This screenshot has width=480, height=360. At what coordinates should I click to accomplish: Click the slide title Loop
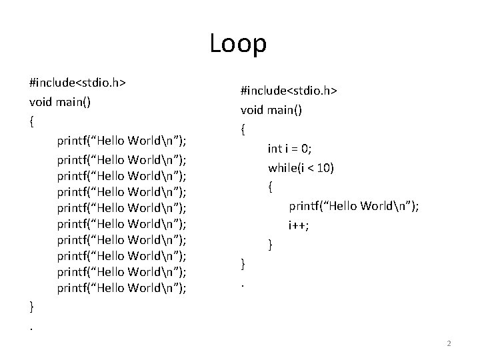238,44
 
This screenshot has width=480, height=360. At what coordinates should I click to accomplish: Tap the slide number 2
449,343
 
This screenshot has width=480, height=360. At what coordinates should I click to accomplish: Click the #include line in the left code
79,84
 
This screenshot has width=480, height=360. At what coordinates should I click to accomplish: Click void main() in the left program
60,103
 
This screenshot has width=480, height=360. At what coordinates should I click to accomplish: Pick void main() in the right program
271,111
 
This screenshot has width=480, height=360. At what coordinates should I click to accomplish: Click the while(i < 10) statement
301,167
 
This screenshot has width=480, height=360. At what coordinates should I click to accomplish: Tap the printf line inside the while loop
353,206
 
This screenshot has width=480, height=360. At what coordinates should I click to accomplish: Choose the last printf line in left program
121,288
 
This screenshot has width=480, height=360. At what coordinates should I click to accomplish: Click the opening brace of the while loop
270,187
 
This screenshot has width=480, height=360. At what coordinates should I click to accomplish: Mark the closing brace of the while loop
270,245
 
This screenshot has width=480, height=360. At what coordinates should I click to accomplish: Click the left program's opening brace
32,122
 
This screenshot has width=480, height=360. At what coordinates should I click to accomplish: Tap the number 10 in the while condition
325,167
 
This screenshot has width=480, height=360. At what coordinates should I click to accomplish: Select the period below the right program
243,285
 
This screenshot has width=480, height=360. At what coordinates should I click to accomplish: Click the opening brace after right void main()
243,129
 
